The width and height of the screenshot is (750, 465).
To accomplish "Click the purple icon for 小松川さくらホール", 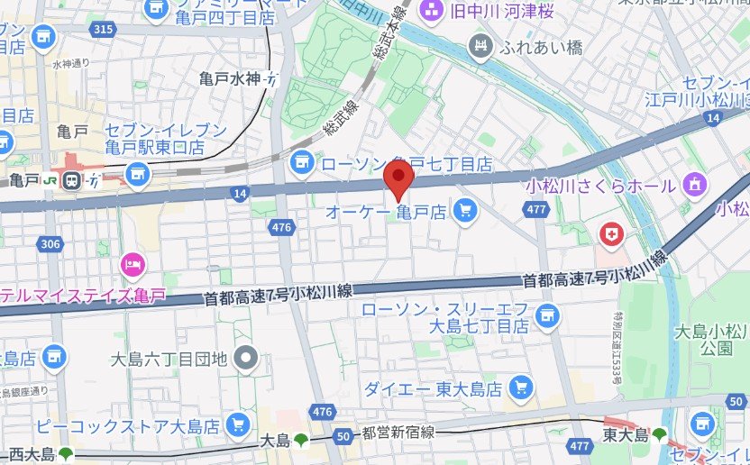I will (x=694, y=186).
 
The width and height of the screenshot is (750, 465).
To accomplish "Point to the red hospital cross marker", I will (x=611, y=235).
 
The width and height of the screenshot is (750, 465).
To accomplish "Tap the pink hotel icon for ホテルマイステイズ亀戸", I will (x=133, y=265).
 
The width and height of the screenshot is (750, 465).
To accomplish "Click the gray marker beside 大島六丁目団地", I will (x=245, y=360).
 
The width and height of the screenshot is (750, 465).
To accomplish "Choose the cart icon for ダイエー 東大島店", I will (x=519, y=388).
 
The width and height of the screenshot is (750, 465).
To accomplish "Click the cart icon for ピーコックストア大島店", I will (x=238, y=424).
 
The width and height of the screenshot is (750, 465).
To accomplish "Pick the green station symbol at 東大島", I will (x=660, y=435).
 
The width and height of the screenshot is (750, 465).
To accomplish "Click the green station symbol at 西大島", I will (x=65, y=453).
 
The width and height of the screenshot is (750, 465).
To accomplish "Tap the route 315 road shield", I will (x=103, y=30).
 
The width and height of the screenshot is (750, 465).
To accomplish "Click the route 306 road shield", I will (x=50, y=243).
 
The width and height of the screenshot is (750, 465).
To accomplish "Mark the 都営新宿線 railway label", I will (x=398, y=433).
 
